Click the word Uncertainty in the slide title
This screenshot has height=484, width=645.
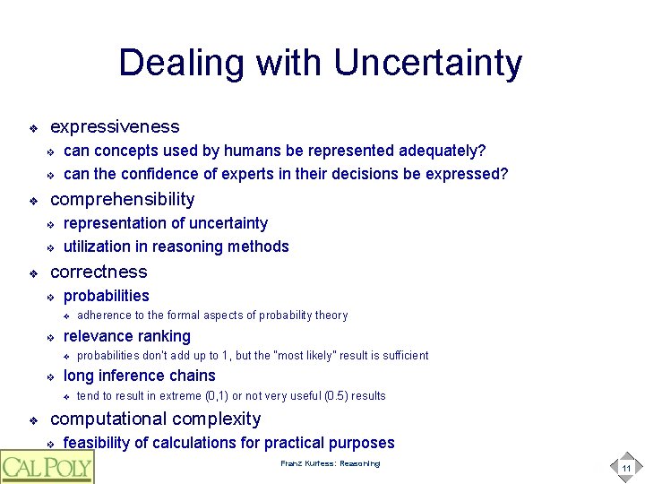point(427,64)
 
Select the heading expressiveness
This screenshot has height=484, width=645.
point(115,127)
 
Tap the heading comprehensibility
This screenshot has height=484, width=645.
point(122,199)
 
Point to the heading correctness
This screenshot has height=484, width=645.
point(99,272)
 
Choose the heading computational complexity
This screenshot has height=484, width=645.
point(156,419)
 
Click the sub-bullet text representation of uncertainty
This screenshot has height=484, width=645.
point(166,223)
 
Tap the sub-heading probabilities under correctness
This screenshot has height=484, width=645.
point(107,296)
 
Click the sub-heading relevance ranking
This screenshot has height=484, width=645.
point(127,336)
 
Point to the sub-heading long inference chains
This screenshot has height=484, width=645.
point(140,376)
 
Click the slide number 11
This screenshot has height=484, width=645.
point(626,468)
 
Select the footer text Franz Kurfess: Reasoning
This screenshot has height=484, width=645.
point(330,463)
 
